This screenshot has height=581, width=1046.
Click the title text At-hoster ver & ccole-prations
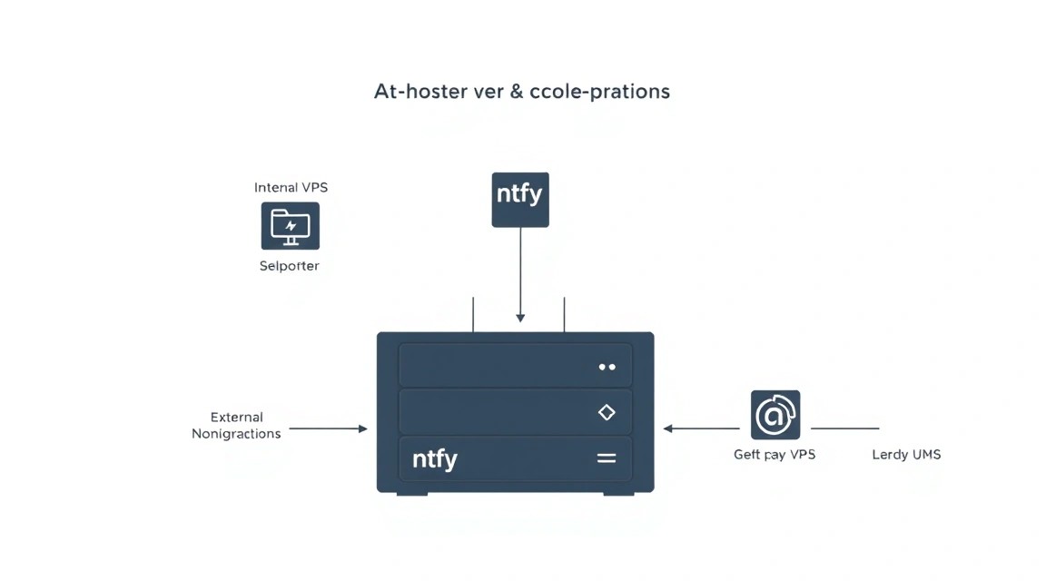pos(522,92)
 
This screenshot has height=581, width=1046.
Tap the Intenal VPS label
pos(291,187)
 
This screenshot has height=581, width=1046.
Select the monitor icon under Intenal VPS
pos(291,226)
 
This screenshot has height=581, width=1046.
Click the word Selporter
pos(290,265)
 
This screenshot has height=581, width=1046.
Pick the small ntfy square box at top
pos(520,200)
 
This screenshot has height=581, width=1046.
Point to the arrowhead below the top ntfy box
pos(520,318)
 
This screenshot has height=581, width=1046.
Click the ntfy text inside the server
pos(435,459)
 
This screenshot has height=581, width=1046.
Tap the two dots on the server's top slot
pos(607,367)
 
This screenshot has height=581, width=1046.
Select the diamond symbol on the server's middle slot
pos(607,412)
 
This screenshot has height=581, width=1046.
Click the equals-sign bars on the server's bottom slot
pos(607,458)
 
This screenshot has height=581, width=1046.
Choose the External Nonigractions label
pos(236,426)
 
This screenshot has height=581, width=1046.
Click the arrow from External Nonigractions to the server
pos(328,428)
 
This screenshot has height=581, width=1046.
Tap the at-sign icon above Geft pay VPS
pos(775,415)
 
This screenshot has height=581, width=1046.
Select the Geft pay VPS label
pos(775,454)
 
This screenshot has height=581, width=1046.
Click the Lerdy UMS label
pos(906,454)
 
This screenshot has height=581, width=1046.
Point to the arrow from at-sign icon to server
pos(701,428)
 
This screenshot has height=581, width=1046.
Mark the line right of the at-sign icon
pos(845,428)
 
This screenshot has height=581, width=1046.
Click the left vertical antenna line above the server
pos(473,314)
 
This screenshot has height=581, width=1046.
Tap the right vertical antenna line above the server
pos(565,314)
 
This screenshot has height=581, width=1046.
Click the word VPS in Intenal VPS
pos(313,187)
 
